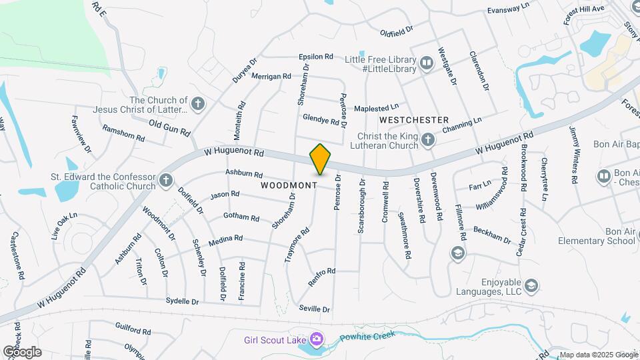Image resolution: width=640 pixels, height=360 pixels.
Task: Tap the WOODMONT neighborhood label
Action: pyautogui.click(x=289, y=185)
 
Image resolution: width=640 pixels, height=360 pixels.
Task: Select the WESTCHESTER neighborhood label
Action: pyautogui.click(x=413, y=120)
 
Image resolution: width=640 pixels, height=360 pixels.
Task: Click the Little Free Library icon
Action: pyautogui.click(x=427, y=64)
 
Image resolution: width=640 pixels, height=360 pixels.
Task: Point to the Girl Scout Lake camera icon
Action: pyautogui.click(x=316, y=339)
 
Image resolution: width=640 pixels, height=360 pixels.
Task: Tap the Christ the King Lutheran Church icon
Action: pyautogui.click(x=430, y=139)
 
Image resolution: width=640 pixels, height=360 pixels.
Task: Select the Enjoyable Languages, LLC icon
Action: pyautogui.click(x=531, y=286)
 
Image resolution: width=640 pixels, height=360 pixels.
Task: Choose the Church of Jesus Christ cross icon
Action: pyautogui.click(x=197, y=104)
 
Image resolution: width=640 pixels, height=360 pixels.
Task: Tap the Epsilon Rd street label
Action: pyautogui.click(x=316, y=57)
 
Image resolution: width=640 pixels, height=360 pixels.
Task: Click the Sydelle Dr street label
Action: pyautogui.click(x=186, y=301)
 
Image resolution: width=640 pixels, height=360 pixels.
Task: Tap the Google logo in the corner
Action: pyautogui.click(x=22, y=351)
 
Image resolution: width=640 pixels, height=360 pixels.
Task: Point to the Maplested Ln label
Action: pyautogui.click(x=376, y=107)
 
